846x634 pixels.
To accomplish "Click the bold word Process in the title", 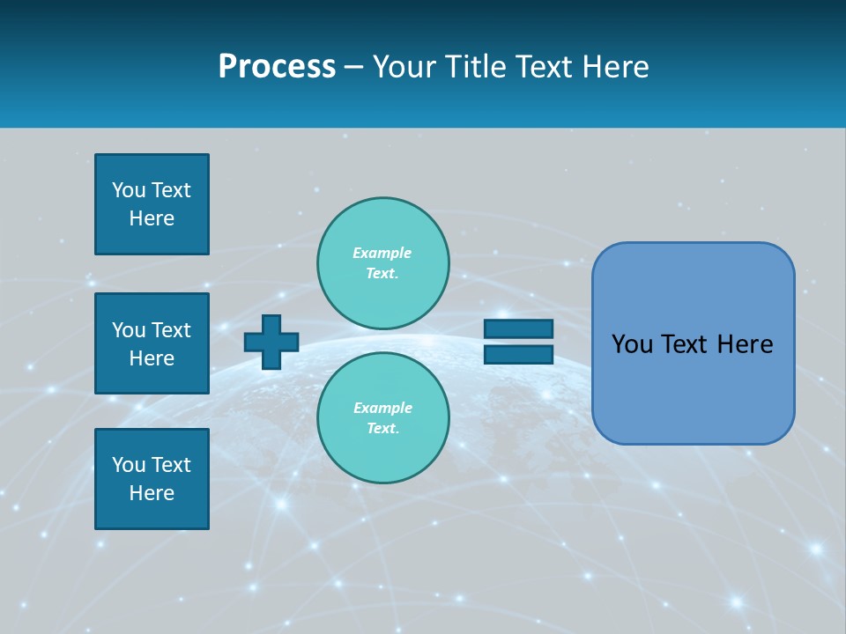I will click(277, 67).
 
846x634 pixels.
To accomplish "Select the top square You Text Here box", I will click(152, 204).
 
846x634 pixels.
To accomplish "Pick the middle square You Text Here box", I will click(152, 343).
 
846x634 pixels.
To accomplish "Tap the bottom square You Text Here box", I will click(152, 479).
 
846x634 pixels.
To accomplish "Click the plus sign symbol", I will click(271, 342).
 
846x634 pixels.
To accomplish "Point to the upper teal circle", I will click(382, 263).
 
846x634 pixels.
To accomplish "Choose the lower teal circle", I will click(382, 418).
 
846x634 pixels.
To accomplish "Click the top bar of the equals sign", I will click(518, 328).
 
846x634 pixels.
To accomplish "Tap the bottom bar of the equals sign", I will click(518, 355).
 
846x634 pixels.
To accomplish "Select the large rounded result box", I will click(693, 343).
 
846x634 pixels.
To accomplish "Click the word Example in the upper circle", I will click(382, 253).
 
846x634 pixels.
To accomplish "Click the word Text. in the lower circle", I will click(382, 429).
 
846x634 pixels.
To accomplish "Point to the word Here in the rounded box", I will click(745, 344).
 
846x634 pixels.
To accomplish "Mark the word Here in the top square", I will click(152, 218).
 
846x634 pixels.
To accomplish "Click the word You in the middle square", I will click(129, 330).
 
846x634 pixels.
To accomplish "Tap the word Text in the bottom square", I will click(171, 465).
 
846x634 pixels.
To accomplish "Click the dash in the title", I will click(353, 68).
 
